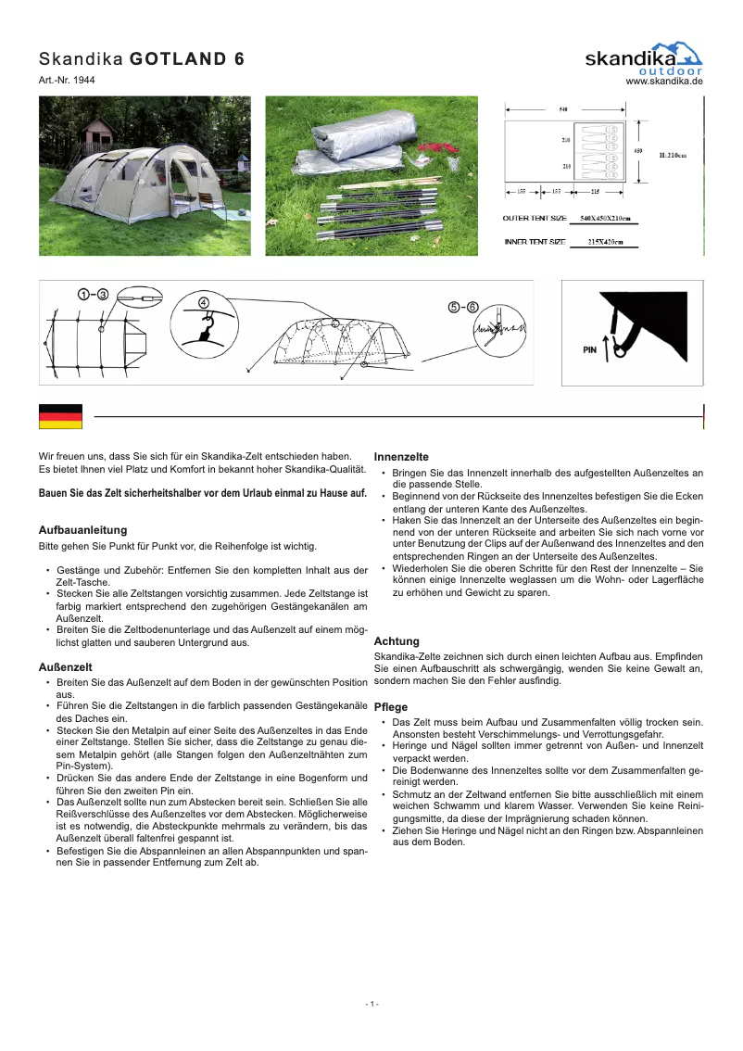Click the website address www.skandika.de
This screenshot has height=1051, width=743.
(x=664, y=82)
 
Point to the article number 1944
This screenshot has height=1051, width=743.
(x=67, y=81)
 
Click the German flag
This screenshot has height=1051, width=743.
(x=60, y=416)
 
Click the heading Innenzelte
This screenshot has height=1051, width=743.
(x=401, y=457)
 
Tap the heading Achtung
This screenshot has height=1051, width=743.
(x=397, y=640)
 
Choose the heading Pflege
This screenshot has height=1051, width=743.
(x=391, y=706)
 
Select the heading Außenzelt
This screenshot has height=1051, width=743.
(x=65, y=666)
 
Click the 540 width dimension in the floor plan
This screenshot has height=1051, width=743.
(x=564, y=109)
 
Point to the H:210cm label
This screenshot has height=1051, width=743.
(x=673, y=155)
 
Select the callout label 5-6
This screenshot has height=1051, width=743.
(x=463, y=307)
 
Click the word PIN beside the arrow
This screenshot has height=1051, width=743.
(x=589, y=351)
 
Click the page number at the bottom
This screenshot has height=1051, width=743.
(x=371, y=1004)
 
